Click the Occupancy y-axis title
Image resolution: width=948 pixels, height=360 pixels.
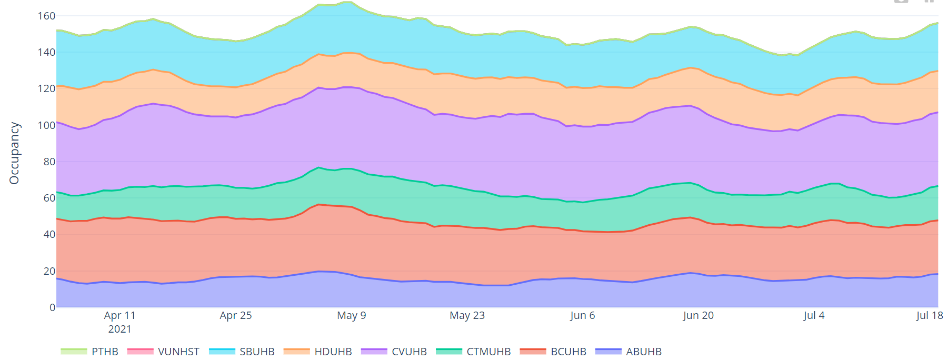click(x=14, y=153)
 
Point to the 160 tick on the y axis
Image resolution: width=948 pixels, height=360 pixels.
click(x=46, y=16)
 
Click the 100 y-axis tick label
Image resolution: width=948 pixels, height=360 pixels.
click(x=46, y=125)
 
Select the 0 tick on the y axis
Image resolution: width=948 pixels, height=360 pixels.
click(x=52, y=307)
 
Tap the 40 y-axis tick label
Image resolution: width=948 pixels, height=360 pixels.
click(x=49, y=234)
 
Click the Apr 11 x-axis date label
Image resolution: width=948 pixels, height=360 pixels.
click(x=119, y=315)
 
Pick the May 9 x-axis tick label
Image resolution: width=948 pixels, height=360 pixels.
click(x=351, y=315)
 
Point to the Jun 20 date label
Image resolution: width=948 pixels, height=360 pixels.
click(x=698, y=315)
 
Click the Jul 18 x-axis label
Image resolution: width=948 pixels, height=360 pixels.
click(x=929, y=315)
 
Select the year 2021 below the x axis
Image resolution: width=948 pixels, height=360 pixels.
click(x=119, y=329)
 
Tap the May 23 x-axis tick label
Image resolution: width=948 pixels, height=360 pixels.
click(x=467, y=315)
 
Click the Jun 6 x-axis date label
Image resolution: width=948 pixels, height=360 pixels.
click(x=582, y=315)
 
